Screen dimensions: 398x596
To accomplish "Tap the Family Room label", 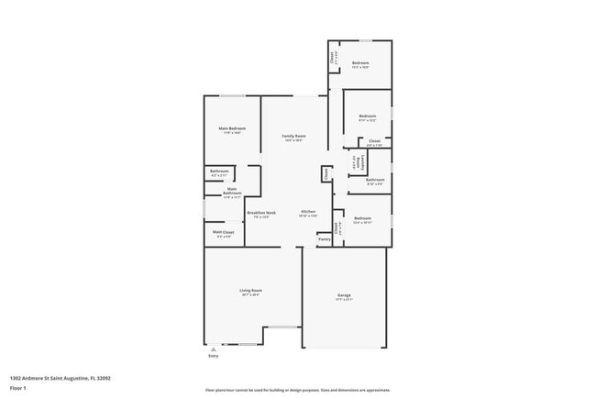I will (293, 137).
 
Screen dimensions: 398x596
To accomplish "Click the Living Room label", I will (250, 293).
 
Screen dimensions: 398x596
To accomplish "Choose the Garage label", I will (344, 295).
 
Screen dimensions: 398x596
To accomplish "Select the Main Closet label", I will (224, 233).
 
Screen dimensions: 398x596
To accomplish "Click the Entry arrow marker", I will (213, 348).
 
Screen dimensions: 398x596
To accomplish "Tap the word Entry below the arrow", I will (213, 356).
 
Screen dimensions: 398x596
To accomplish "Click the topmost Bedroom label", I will (360, 63).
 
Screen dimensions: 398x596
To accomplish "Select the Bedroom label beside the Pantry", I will (361, 218).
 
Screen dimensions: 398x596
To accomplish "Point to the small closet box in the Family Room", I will (325, 173).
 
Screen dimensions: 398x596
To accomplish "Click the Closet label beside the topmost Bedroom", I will (333, 57).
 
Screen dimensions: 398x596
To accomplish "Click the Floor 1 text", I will (17, 388).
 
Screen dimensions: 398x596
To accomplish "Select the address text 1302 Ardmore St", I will (51, 376).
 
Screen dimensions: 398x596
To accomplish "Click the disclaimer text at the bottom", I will (297, 390).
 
